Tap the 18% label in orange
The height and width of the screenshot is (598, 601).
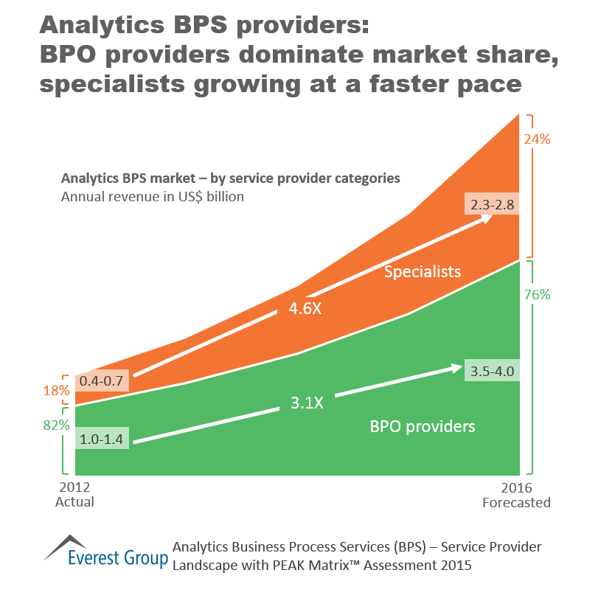(56, 391)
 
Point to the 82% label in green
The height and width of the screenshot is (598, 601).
(56, 425)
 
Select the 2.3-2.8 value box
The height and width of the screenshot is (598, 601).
(492, 204)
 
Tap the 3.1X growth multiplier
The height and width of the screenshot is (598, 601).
(307, 403)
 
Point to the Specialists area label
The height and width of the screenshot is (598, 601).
(423, 272)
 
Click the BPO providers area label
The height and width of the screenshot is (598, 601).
(422, 426)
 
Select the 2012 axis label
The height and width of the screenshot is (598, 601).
(74, 488)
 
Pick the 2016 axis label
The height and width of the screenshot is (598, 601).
(516, 488)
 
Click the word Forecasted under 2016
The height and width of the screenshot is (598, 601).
(516, 503)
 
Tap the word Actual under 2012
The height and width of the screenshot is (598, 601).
(74, 502)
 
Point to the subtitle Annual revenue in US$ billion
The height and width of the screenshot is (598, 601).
(153, 197)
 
